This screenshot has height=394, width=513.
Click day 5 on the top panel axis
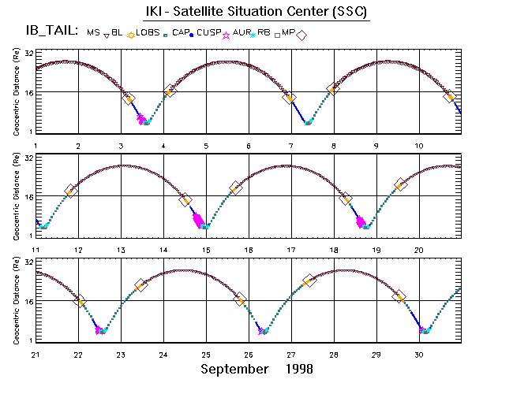206,146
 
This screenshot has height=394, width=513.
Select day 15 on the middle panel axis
206,250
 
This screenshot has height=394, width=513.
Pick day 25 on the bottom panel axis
206,355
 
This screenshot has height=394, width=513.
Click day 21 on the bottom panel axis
36,355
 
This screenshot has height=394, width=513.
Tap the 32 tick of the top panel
28,54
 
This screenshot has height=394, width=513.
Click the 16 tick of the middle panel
28,196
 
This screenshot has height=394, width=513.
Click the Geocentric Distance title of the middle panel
17,196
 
